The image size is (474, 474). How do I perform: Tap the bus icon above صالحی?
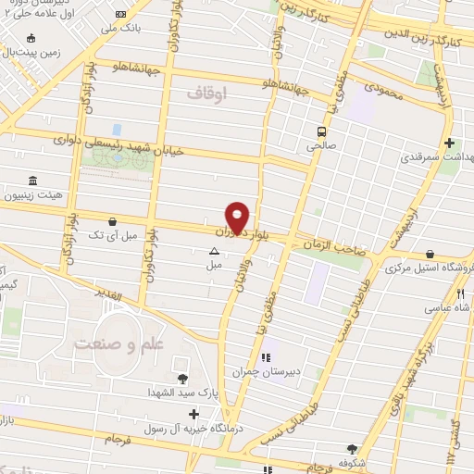pos(321,131)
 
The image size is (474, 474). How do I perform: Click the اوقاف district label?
pos(206,94)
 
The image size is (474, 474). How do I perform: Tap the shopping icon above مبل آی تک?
pos(113,221)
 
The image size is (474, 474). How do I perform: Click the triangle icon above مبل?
pos(214,250)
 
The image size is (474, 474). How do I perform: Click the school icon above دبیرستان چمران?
pos(266,357)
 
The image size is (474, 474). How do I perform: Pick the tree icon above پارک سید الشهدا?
pos(181,379)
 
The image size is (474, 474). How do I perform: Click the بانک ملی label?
pos(122,28)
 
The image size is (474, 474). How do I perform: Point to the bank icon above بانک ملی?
pos(122,14)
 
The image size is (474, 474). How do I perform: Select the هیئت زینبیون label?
pos(35,195)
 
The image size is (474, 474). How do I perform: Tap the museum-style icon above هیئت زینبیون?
pos(33,180)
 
